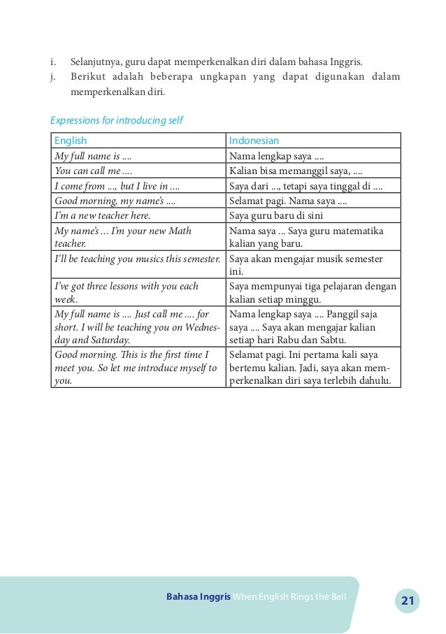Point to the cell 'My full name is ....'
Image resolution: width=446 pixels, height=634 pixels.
point(93,157)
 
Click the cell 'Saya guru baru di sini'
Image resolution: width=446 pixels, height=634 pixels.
point(276,216)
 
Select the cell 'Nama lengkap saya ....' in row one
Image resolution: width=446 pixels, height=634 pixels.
point(276,157)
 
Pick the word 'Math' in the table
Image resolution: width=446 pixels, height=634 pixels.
point(180,231)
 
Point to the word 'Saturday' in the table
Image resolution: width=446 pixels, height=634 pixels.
point(108,340)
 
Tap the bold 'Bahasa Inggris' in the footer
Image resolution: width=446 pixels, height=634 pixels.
point(199,596)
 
